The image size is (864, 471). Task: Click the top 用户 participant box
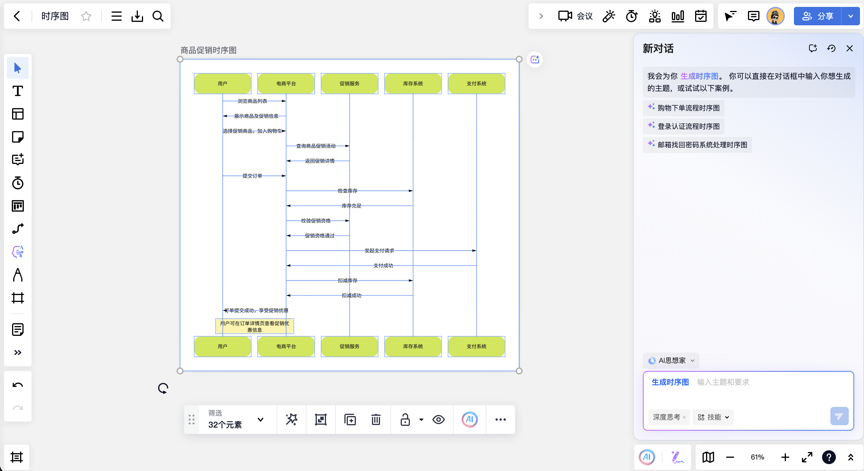point(222,83)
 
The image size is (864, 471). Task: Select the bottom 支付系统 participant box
point(476,346)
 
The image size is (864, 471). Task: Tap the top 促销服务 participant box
point(350,83)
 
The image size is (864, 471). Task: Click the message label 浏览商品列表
point(252,101)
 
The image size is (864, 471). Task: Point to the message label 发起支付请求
point(379,250)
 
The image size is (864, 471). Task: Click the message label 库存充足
point(352,206)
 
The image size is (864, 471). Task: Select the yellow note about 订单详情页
point(254,326)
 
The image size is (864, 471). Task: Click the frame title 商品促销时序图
point(208,50)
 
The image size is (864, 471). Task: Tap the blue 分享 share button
point(818,16)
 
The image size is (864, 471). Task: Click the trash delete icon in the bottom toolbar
point(376,419)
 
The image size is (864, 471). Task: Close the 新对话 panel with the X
point(849,48)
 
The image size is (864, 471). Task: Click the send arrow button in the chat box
point(839,416)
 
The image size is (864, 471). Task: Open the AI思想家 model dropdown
point(671,360)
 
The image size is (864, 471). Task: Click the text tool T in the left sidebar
point(18,91)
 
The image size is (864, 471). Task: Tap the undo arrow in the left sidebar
point(18,385)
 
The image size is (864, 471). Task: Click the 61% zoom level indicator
point(757,457)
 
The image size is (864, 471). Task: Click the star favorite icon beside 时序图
point(86,16)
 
